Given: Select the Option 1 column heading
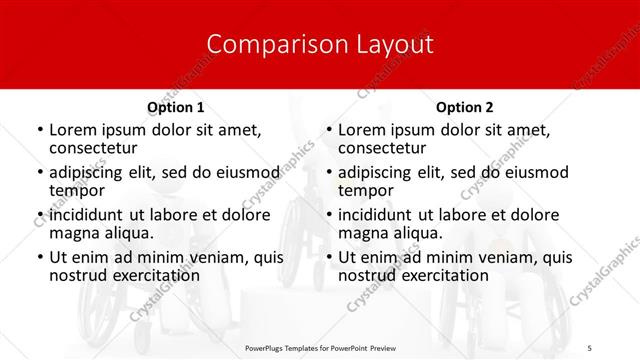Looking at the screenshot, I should tap(176, 107).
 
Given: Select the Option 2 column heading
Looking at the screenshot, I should tap(465, 107).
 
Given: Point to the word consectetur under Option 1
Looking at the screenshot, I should tap(93, 148).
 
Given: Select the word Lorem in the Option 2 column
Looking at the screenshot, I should tap(362, 130).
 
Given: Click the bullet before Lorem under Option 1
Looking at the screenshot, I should tap(39, 131).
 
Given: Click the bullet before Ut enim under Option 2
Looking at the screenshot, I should tap(328, 257).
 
